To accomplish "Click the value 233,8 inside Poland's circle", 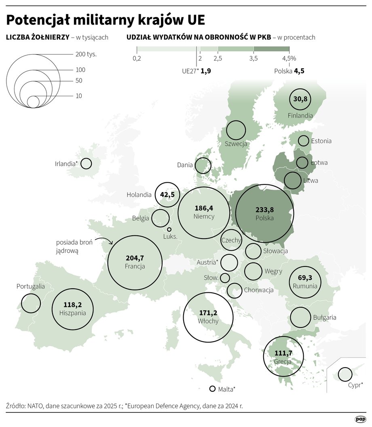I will point(264,209).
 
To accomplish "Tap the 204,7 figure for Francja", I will point(135,258).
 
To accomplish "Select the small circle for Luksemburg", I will point(169,229).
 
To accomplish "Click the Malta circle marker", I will point(212,389).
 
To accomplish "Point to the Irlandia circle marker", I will point(86,164).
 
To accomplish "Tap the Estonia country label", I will point(321,141).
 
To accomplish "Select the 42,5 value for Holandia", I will point(167,194).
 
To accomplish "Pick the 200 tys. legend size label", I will point(86,54).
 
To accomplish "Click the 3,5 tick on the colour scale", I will point(254,59).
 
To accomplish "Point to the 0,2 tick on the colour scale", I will point(137,59).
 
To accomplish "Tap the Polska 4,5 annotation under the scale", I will point(289,71).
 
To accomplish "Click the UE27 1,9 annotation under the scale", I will point(197,71).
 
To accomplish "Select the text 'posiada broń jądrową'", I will point(74,246).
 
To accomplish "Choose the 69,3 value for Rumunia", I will point(305,278).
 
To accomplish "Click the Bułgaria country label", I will point(324,317).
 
